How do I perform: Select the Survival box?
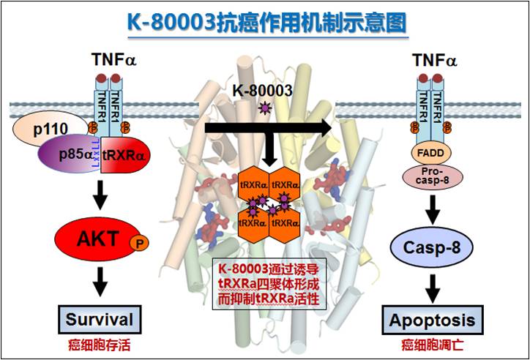(x=100, y=319)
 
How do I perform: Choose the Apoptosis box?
(x=431, y=320)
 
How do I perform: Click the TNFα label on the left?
(x=112, y=60)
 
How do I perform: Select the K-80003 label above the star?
(x=262, y=91)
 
